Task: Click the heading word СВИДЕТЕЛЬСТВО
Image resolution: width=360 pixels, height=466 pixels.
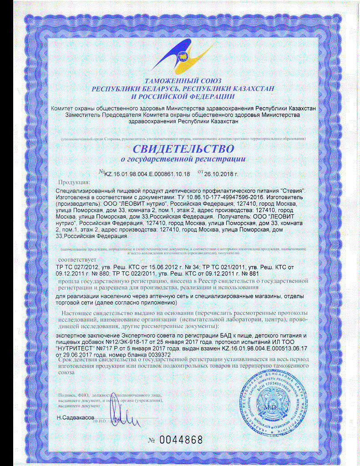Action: click(183, 148)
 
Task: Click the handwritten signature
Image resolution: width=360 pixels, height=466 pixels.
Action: click(121, 417)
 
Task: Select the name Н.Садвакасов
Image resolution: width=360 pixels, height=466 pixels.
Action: click(76, 417)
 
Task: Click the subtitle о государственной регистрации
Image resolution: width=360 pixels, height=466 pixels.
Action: click(183, 159)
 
